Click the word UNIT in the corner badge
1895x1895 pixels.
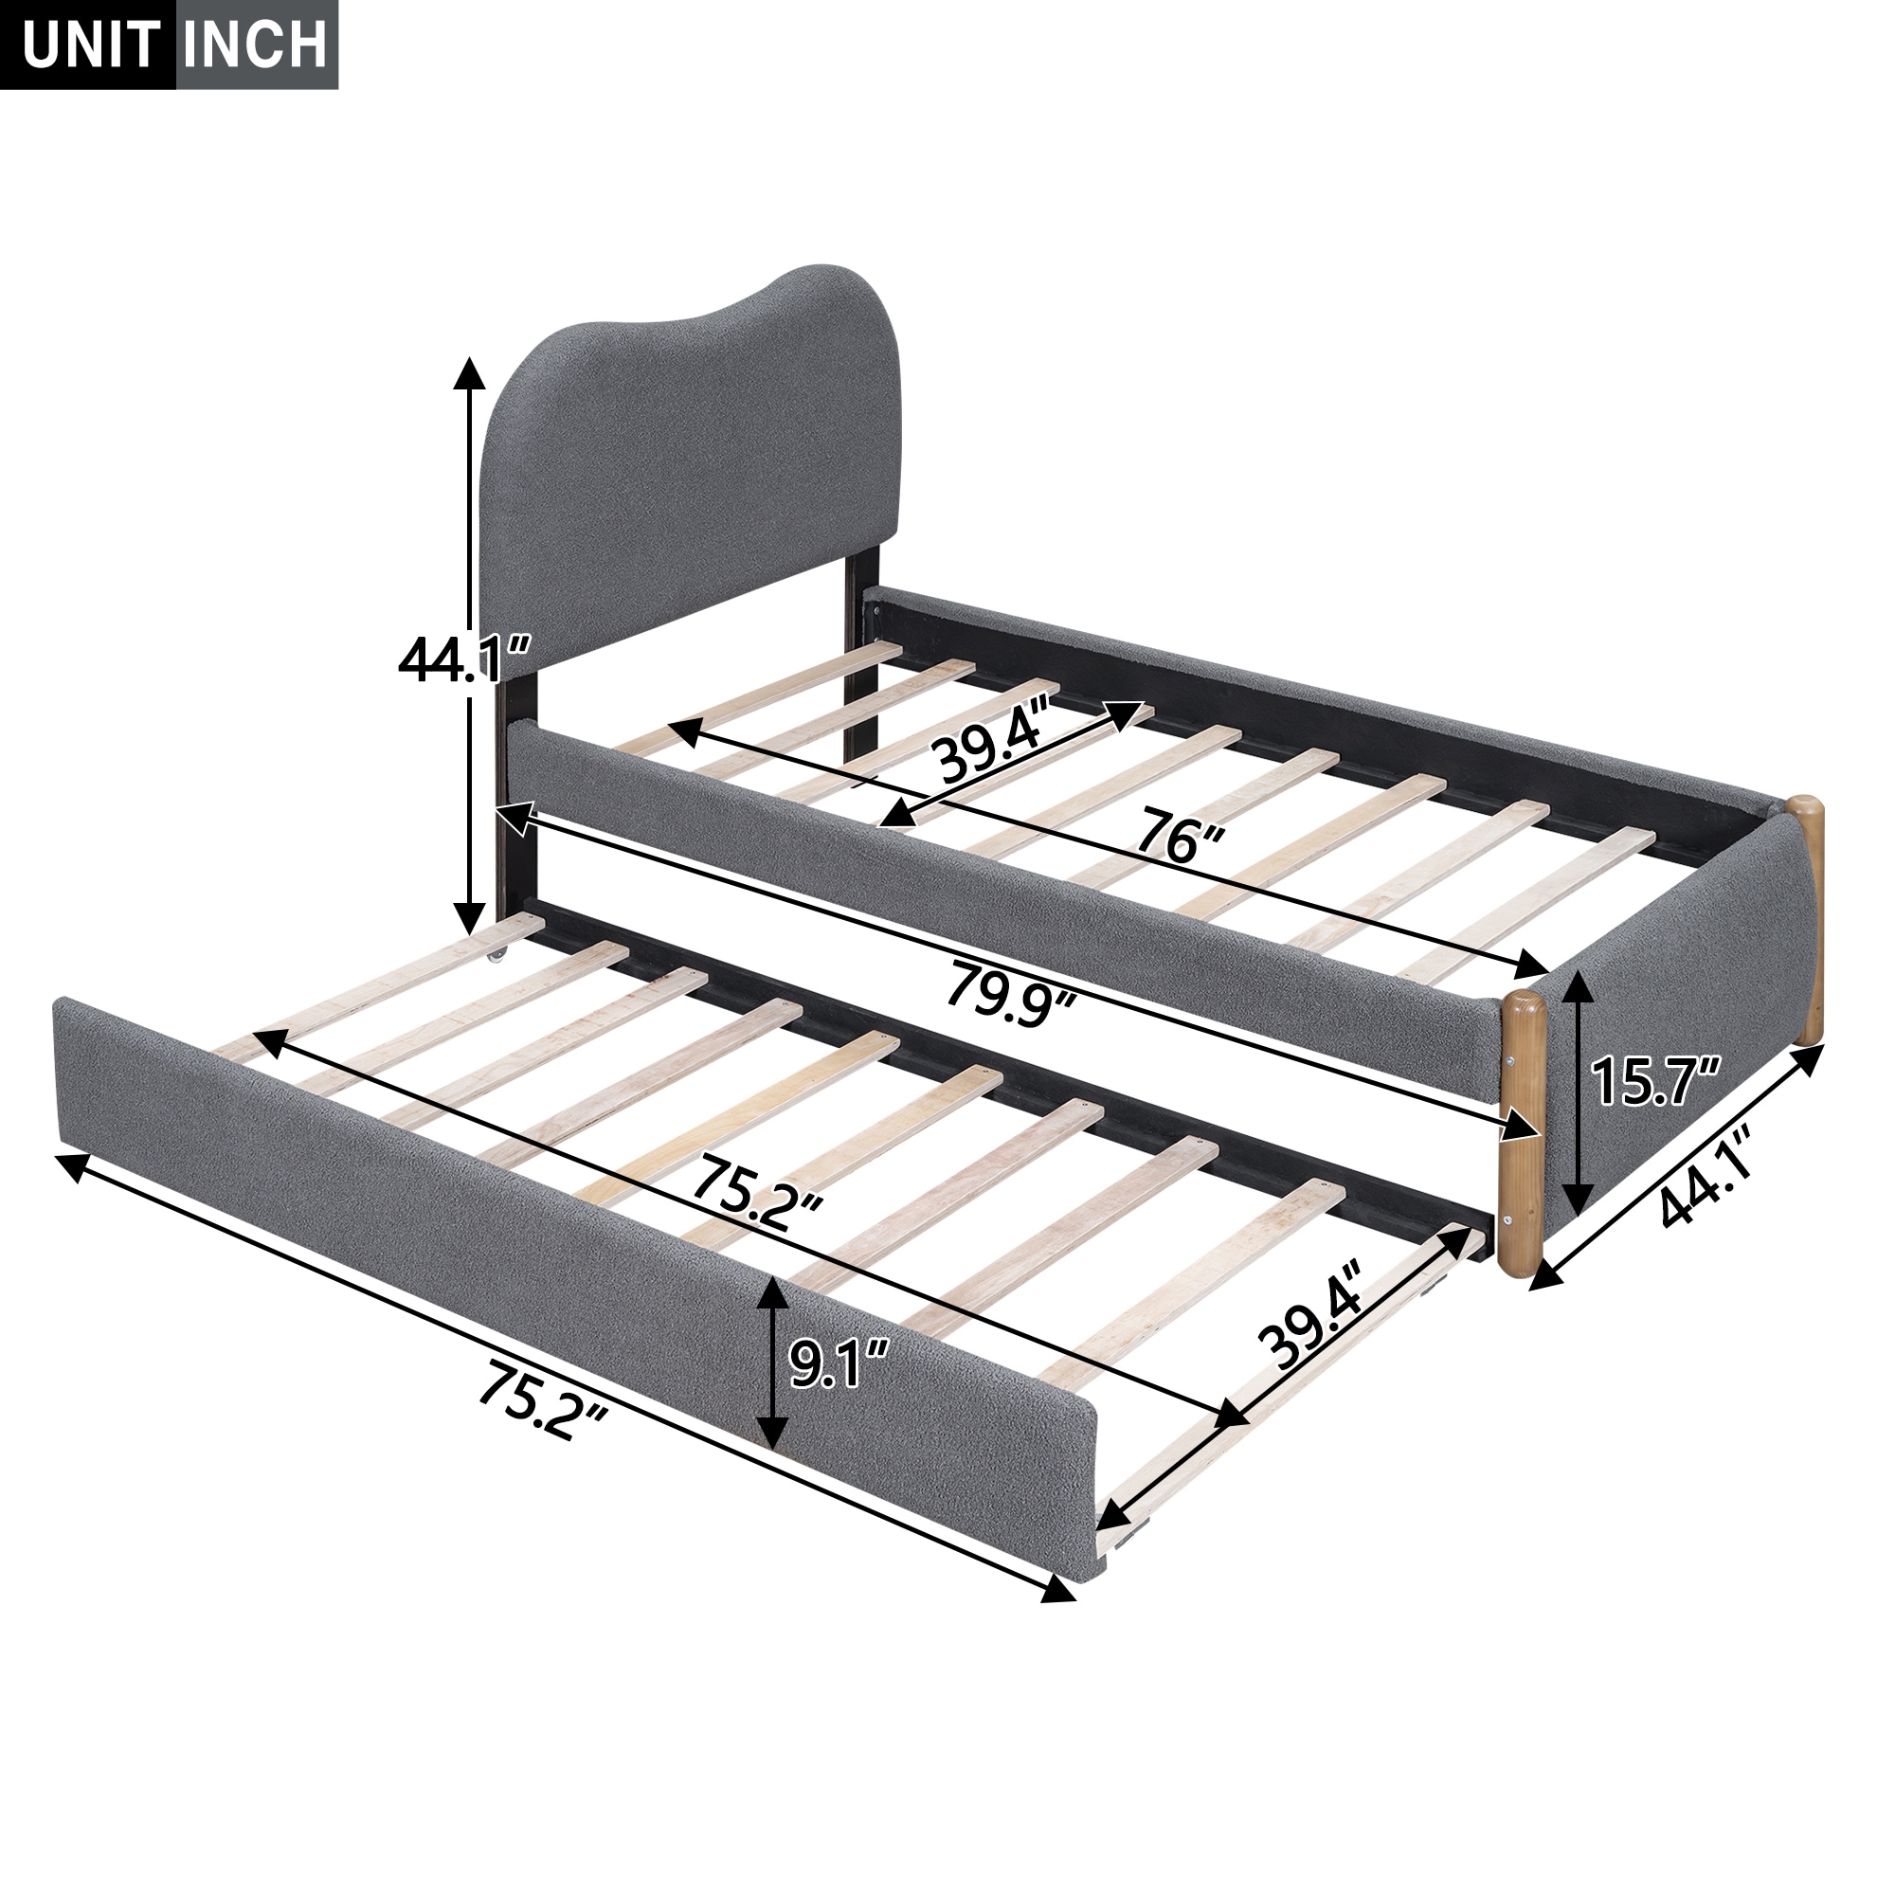click(88, 46)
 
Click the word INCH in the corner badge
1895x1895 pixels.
click(258, 46)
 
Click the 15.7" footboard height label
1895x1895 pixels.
click(1653, 1080)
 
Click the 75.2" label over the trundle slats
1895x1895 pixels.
click(756, 1200)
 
